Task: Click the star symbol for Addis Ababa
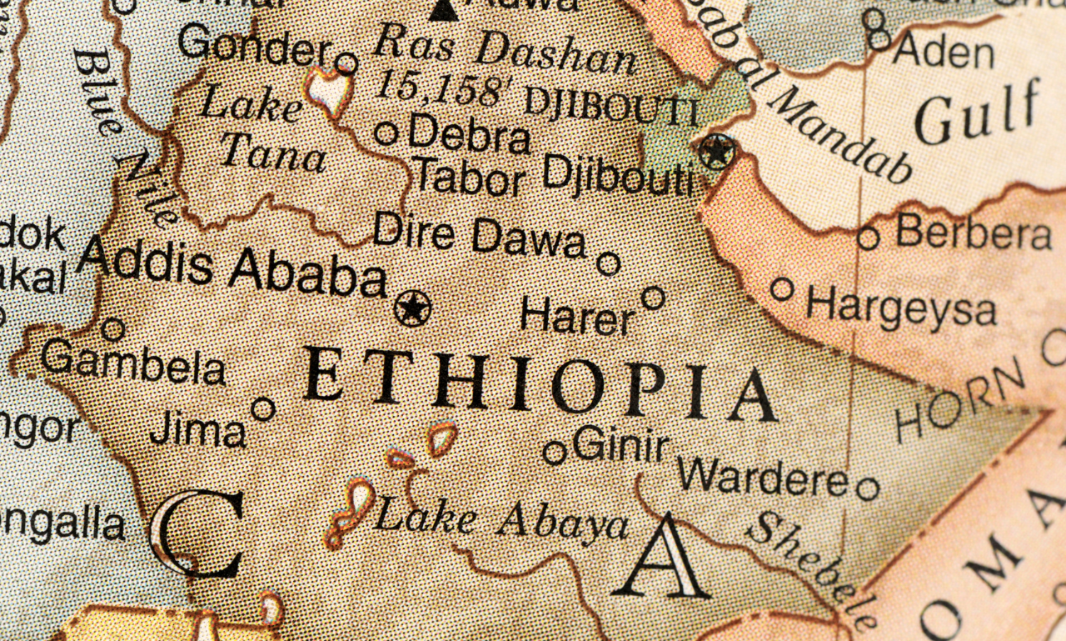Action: tap(413, 308)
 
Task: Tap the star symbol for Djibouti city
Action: tap(716, 152)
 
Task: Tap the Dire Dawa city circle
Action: tap(609, 264)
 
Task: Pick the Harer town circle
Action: tap(653, 298)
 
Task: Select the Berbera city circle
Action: tap(868, 238)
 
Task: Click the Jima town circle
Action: tap(263, 408)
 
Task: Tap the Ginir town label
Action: tap(621, 444)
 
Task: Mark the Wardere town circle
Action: tap(867, 488)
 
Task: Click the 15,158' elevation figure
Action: tap(441, 86)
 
